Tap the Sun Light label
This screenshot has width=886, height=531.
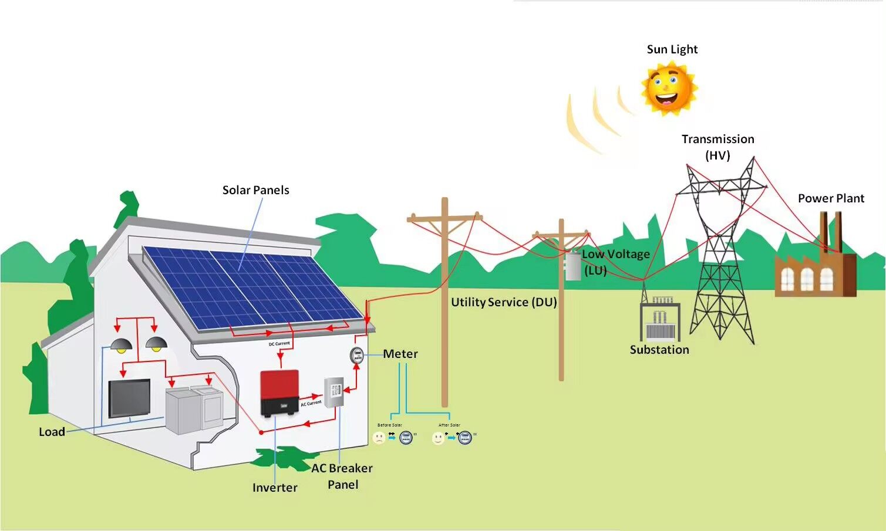click(x=672, y=49)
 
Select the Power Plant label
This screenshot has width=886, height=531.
click(x=830, y=198)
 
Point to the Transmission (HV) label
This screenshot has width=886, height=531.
click(x=717, y=147)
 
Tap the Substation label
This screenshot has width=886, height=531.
click(x=659, y=350)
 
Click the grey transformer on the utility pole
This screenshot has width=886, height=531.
click(x=572, y=265)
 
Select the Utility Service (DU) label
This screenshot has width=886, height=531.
click(x=503, y=302)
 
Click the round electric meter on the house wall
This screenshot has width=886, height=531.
click(x=356, y=355)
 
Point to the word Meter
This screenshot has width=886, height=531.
click(x=400, y=354)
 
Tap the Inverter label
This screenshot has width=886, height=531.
click(x=274, y=488)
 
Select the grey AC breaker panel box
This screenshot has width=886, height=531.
click(x=334, y=392)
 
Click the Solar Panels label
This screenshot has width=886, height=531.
click(x=255, y=190)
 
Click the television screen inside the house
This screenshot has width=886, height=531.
click(x=129, y=398)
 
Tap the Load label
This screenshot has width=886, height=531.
click(x=52, y=432)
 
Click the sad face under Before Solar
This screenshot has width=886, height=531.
click(x=379, y=438)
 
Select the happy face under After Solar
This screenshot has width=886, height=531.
click(x=438, y=438)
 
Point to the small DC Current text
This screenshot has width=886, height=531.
click(x=279, y=343)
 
